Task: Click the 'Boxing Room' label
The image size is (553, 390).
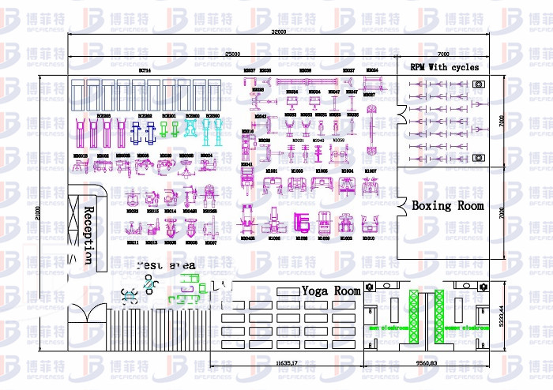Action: coord(447,205)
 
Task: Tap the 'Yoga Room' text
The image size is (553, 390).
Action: coord(330,291)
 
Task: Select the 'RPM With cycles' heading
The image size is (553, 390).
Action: coord(444,68)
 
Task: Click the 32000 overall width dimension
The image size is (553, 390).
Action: coord(278,32)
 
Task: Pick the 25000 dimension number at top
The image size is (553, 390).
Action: coord(232,54)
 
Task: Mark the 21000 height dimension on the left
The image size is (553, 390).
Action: coord(36,212)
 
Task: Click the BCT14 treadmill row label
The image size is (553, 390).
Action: coord(145,71)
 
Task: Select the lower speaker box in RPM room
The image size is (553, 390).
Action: coord(478,158)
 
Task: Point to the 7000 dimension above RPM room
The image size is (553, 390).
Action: coord(442,54)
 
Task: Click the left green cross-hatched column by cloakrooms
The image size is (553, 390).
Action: coord(412,317)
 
